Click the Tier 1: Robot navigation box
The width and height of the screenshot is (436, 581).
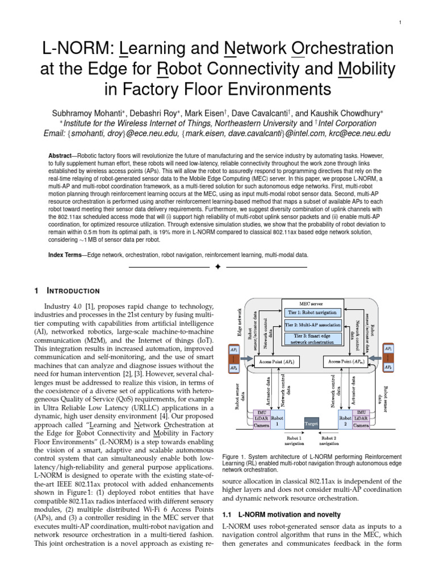click(312, 311)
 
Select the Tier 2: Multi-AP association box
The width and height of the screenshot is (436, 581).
click(312, 325)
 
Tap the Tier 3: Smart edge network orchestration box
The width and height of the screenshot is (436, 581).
click(312, 339)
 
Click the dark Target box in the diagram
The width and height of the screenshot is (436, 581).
click(312, 423)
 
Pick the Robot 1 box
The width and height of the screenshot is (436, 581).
click(278, 420)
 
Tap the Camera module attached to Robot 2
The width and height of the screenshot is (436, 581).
click(362, 424)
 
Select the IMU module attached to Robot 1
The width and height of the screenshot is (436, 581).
click(259, 412)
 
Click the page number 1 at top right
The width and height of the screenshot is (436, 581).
click(400, 23)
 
